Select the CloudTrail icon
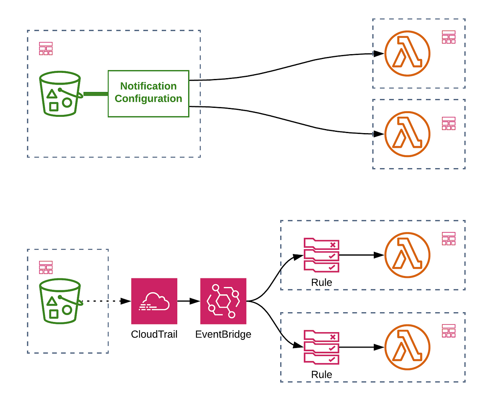[154, 301]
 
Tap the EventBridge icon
[223, 301]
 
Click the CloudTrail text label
[154, 334]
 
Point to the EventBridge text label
[223, 334]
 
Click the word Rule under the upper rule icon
[321, 282]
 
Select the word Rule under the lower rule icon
[321, 374]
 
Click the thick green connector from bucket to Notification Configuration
[96, 94]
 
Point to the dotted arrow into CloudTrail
[106, 301]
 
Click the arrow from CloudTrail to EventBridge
[189, 301]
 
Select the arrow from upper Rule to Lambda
[362, 255]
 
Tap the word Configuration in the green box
[148, 99]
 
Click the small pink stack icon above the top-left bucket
[46, 48]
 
